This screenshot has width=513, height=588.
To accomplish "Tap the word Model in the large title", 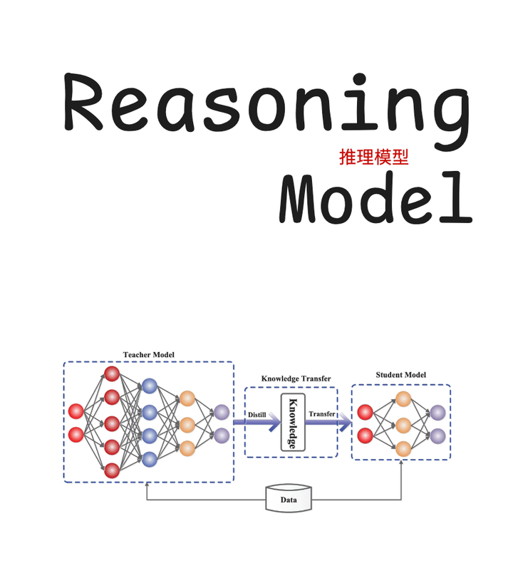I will click(x=375, y=197).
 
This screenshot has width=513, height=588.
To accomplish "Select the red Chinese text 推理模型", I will click(x=374, y=158).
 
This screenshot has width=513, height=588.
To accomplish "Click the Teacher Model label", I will click(x=148, y=354).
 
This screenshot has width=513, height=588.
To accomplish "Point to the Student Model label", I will click(x=400, y=375).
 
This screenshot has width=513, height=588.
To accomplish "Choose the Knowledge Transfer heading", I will click(x=296, y=378).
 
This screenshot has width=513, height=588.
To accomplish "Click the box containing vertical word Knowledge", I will click(x=293, y=422).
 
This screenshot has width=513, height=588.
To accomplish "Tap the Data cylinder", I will click(x=289, y=499).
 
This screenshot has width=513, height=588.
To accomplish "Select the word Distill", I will click(x=256, y=414).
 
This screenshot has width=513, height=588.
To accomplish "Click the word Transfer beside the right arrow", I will click(x=321, y=414).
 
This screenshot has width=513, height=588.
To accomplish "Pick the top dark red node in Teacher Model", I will click(x=112, y=373).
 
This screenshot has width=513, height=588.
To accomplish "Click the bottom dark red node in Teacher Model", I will click(x=112, y=470).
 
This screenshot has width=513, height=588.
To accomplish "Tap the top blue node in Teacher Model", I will click(x=149, y=386).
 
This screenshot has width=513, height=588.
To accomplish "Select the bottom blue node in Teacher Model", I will click(x=149, y=459).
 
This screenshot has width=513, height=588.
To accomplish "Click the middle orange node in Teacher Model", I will click(x=187, y=424).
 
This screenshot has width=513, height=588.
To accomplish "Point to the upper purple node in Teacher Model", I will click(x=222, y=412).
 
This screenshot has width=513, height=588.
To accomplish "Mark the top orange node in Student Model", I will click(x=403, y=399).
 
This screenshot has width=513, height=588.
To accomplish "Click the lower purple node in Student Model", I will click(x=437, y=435).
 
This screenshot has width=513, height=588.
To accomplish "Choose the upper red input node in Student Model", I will click(x=366, y=412).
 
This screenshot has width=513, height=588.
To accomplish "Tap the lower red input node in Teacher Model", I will click(x=76, y=435).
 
